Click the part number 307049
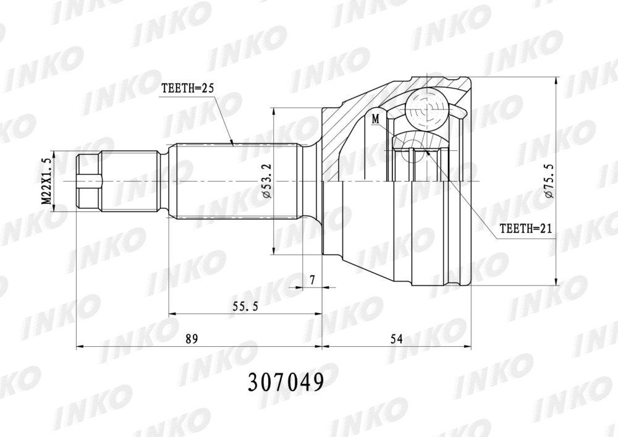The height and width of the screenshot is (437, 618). coord(286,382)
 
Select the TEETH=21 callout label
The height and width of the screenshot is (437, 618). coord(525,228)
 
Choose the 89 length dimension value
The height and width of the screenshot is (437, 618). coord(192,339)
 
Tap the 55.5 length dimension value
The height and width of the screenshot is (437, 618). coord(245,306)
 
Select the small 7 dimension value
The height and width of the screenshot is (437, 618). coord(313,280)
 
